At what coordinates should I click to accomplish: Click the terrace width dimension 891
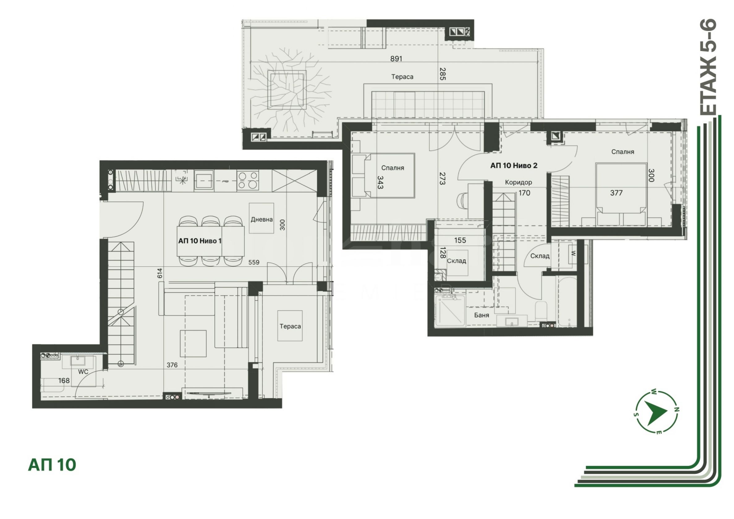396,58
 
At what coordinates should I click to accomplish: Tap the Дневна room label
261,219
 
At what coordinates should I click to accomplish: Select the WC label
83,372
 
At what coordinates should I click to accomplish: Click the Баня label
482,315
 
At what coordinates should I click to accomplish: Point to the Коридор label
519,182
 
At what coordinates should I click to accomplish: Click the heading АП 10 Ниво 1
200,241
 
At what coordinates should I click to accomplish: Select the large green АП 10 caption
52,465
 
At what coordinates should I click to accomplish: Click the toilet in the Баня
541,310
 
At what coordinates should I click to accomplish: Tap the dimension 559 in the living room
254,262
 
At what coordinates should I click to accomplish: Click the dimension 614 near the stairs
160,273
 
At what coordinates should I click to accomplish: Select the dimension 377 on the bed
616,193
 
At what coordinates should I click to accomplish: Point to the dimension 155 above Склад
460,240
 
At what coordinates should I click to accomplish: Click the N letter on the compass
677,409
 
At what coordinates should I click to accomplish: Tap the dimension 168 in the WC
64,381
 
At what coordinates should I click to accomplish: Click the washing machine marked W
573,253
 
